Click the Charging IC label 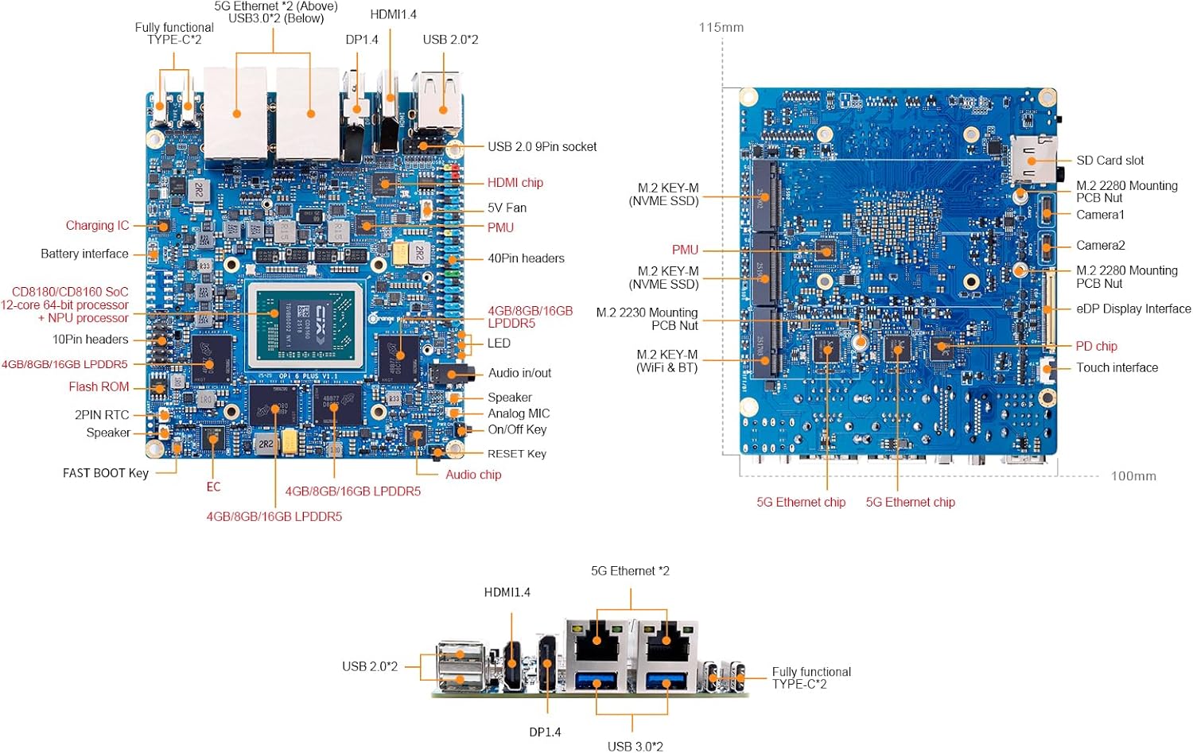[97, 226]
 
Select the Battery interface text [84, 254]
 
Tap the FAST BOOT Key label [106, 473]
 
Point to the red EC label [213, 487]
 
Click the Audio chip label [473, 475]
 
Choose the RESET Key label [516, 454]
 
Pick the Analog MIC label [519, 413]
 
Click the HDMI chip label [515, 183]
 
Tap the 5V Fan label [507, 208]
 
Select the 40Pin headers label [526, 258]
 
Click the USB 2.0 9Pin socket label [542, 147]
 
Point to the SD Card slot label [1109, 161]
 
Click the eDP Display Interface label [1133, 309]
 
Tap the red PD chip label [1096, 346]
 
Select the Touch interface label [1117, 367]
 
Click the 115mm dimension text [721, 28]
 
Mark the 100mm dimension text [1133, 476]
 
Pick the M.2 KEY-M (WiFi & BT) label [666, 361]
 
